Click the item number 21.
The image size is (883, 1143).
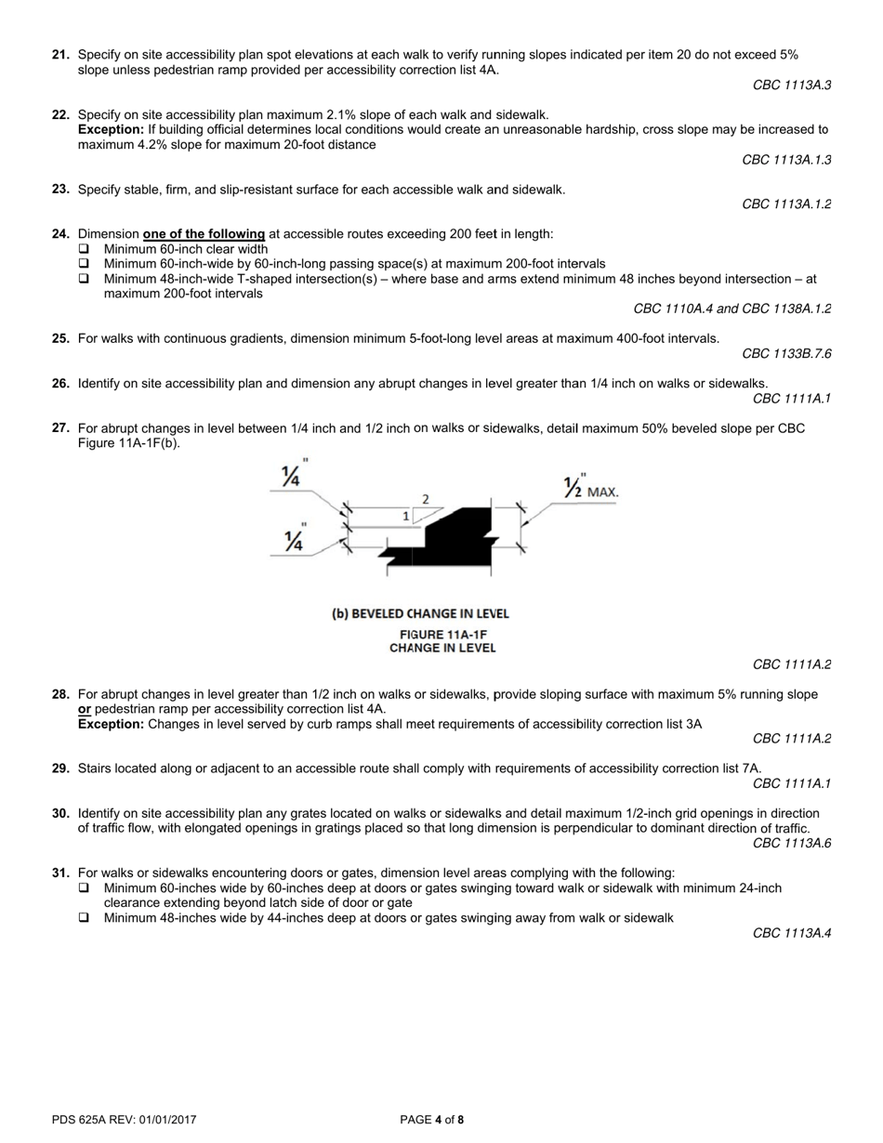61,55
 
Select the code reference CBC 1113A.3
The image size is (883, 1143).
792,85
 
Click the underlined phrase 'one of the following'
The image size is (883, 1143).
204,234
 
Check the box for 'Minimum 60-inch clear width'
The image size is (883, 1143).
85,249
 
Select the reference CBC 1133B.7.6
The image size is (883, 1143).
786,354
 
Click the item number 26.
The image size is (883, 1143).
61,383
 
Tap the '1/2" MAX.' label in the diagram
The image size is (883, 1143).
591,488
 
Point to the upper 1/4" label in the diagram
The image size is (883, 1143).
293,475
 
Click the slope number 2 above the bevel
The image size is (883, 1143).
426,499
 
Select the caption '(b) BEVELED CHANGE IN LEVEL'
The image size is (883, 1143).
420,614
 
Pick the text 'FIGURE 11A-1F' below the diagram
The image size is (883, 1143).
442,635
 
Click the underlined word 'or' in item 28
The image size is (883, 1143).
85,709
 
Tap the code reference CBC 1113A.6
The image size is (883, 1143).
792,844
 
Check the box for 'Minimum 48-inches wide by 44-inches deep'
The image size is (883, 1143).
85,918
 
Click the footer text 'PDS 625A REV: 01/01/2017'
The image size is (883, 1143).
125,1120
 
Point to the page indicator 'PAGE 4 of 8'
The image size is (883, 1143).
431,1120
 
